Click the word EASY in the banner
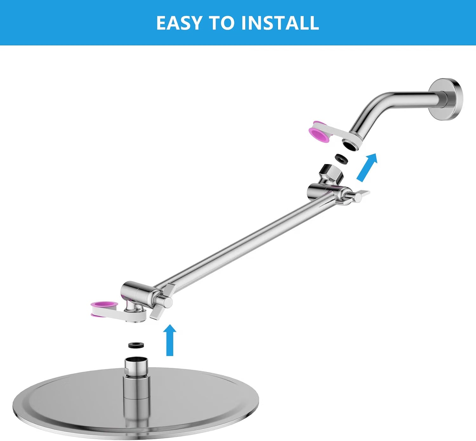179,23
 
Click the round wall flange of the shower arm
446,99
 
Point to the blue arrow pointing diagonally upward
367,167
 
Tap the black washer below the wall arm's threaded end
341,158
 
